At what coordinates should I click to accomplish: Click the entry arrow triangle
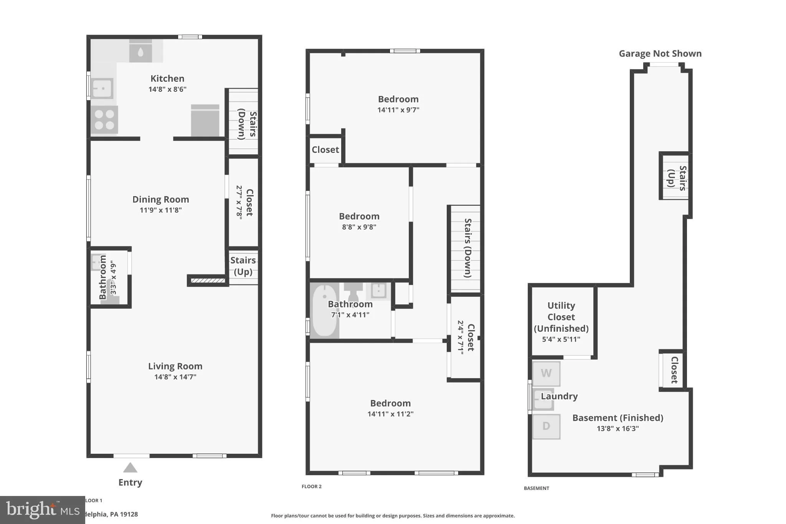130,468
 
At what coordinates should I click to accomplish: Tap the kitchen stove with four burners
104,120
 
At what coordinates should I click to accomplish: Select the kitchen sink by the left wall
102,88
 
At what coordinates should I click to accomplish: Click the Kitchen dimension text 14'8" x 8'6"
167,89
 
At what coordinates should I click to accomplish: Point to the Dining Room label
160,199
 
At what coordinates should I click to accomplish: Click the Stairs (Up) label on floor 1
243,266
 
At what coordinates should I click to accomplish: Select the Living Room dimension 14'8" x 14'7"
175,377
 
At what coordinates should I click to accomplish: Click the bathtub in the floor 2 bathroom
325,311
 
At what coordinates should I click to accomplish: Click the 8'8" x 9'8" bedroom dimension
359,227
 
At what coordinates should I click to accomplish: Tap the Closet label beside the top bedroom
325,150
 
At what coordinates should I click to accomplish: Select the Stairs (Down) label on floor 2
467,248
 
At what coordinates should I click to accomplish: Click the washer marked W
546,373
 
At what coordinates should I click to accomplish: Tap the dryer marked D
546,426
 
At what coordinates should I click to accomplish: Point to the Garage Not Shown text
660,54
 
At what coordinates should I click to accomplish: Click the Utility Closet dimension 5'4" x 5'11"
561,339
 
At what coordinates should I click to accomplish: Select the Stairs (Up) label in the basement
677,178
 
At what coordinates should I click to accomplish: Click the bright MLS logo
42,509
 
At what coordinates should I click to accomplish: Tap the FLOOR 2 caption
311,486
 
